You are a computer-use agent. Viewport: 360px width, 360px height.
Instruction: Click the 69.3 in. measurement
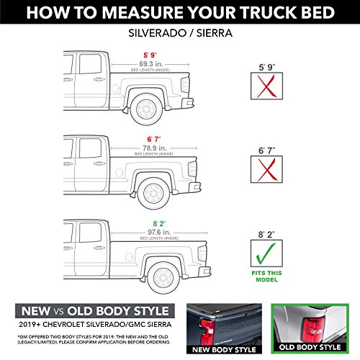tap(152, 64)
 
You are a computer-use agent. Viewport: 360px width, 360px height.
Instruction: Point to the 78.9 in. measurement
tap(152, 147)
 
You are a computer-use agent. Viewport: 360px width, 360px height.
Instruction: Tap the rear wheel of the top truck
tap(148, 109)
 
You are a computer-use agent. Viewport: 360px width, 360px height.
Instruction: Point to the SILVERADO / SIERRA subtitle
tap(180, 34)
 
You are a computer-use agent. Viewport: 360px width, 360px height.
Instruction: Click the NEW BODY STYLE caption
tap(220, 348)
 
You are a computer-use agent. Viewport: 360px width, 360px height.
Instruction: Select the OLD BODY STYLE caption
tap(310, 348)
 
